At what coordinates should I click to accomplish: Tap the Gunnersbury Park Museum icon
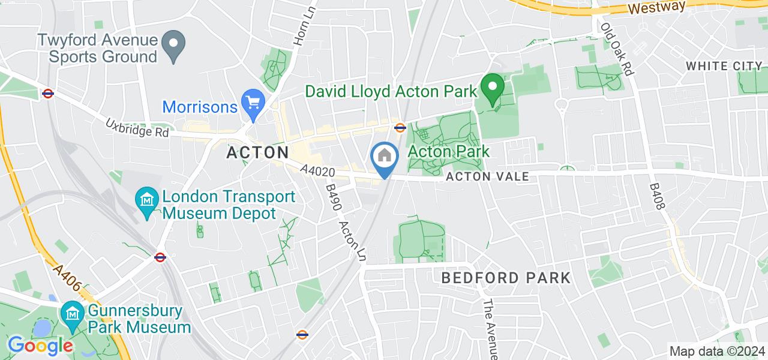(73, 314)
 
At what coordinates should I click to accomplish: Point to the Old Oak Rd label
(617, 49)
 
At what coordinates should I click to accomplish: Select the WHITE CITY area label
(724, 66)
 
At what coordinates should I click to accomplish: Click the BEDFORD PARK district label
(506, 278)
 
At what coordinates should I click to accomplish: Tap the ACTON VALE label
(487, 176)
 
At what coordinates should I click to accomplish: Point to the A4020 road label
(317, 172)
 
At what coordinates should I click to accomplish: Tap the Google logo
(40, 346)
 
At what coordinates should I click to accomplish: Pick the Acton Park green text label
(448, 151)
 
